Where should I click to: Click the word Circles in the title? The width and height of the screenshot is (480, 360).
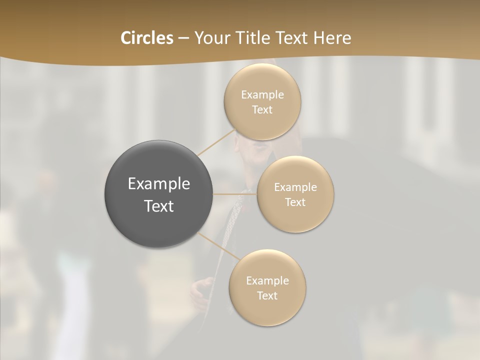click(146, 38)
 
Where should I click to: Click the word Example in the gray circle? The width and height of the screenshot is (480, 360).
click(159, 184)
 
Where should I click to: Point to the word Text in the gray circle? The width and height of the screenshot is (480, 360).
click(159, 206)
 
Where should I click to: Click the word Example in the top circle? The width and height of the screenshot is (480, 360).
click(262, 95)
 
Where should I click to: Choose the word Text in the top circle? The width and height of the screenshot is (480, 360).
click(262, 110)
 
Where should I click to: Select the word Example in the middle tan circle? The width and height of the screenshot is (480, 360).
click(295, 187)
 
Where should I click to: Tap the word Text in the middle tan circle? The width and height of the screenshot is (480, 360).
click(295, 202)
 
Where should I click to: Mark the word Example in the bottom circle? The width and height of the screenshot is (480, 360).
click(267, 281)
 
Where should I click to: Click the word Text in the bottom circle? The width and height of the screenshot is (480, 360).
click(267, 296)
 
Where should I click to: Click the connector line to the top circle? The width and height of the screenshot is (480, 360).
click(216, 142)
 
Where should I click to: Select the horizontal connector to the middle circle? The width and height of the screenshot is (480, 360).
click(235, 194)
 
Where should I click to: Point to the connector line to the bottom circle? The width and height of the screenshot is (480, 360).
click(218, 246)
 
